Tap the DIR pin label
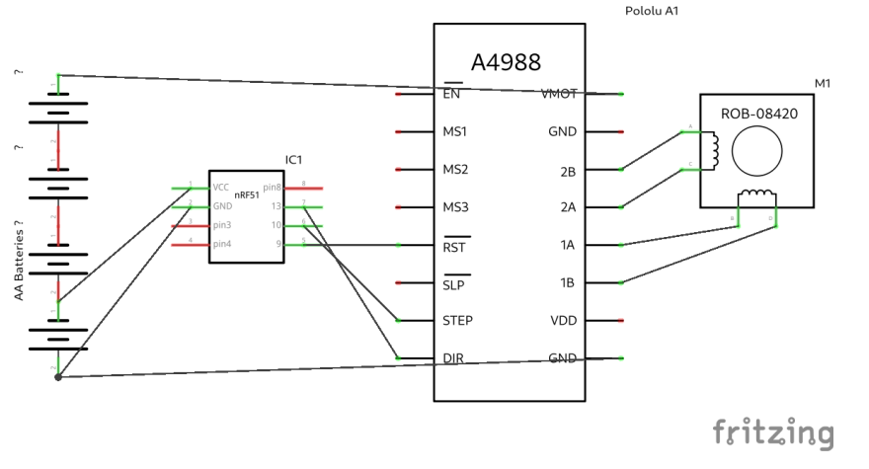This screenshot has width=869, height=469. (x=453, y=358)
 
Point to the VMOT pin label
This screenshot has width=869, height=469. (x=559, y=94)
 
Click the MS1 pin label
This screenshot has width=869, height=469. (x=455, y=131)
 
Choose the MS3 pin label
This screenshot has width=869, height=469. (x=455, y=207)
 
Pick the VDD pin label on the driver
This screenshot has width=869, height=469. (x=562, y=321)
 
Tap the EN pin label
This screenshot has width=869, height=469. (x=451, y=94)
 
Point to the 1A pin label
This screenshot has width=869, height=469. (x=568, y=245)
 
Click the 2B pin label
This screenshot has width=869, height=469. (x=568, y=170)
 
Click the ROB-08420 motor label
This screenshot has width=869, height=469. (x=758, y=115)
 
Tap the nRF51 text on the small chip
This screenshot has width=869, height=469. (x=247, y=195)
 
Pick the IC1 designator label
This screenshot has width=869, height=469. (x=293, y=160)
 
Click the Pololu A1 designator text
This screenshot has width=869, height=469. (x=652, y=11)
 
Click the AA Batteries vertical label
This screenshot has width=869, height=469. (x=18, y=262)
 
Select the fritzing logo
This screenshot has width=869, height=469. (x=773, y=432)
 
